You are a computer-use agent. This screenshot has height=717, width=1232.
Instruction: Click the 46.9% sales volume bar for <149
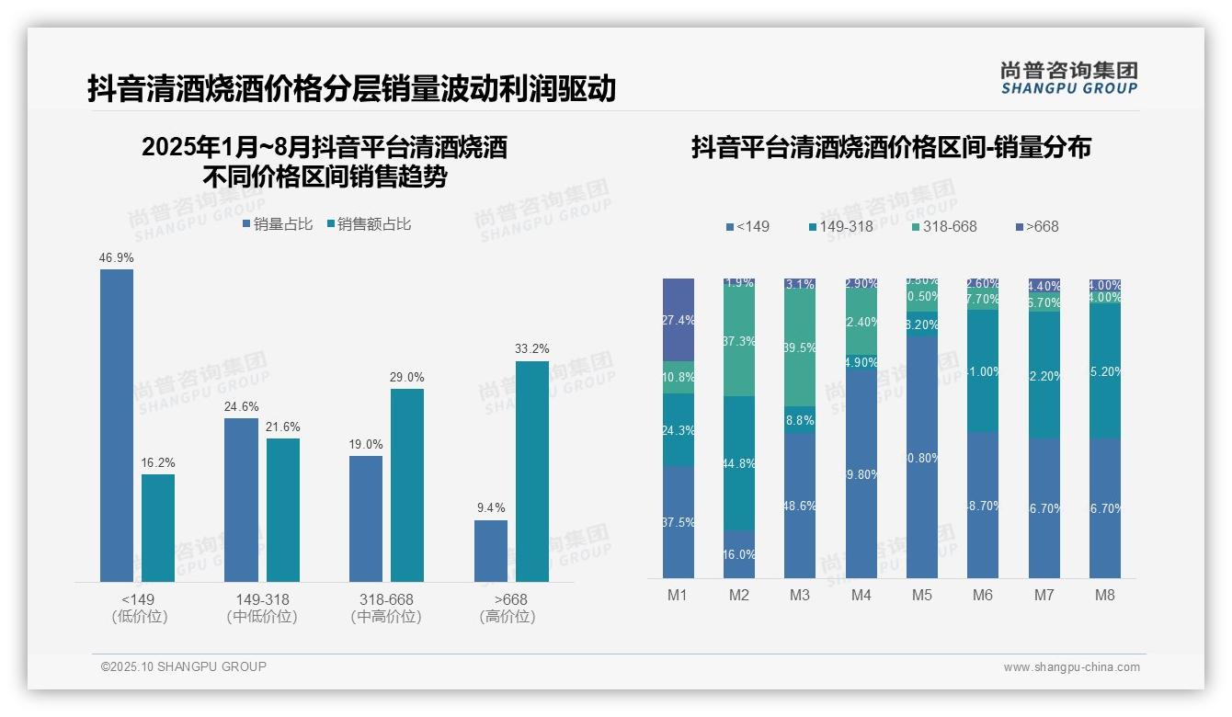[x=117, y=425]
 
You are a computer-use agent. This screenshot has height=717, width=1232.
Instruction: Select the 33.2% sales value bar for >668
[x=531, y=471]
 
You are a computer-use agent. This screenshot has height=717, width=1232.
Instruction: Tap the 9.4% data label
[x=490, y=507]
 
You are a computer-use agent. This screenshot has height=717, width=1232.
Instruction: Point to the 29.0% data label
[x=406, y=377]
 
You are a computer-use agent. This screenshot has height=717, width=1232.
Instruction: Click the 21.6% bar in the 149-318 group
[x=283, y=509]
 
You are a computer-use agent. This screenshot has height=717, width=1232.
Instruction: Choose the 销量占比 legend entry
[x=278, y=224]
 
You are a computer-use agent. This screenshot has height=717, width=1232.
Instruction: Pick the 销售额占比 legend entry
[x=369, y=224]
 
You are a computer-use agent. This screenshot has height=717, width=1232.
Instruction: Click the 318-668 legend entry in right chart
[x=944, y=226]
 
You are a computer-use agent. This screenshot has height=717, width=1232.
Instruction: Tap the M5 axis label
[x=922, y=595]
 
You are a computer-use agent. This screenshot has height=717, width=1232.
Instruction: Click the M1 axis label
[x=678, y=595]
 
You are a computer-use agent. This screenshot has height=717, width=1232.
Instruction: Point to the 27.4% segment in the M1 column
[x=679, y=319]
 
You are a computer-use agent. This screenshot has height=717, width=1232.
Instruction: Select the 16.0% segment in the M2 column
[x=739, y=554]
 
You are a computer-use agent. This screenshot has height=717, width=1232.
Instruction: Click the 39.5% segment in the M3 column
[x=800, y=348]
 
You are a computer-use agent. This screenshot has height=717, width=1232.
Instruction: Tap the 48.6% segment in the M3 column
[x=800, y=506]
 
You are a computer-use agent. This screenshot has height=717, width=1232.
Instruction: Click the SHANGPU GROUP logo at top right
[x=1068, y=78]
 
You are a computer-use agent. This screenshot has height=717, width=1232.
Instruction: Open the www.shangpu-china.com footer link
[x=1071, y=667]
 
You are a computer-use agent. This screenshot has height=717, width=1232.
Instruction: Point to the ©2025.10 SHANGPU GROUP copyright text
[x=184, y=666]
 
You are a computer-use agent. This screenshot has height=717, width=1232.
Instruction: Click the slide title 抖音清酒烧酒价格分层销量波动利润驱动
[x=351, y=89]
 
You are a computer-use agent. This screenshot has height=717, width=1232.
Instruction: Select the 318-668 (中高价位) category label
[x=386, y=608]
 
